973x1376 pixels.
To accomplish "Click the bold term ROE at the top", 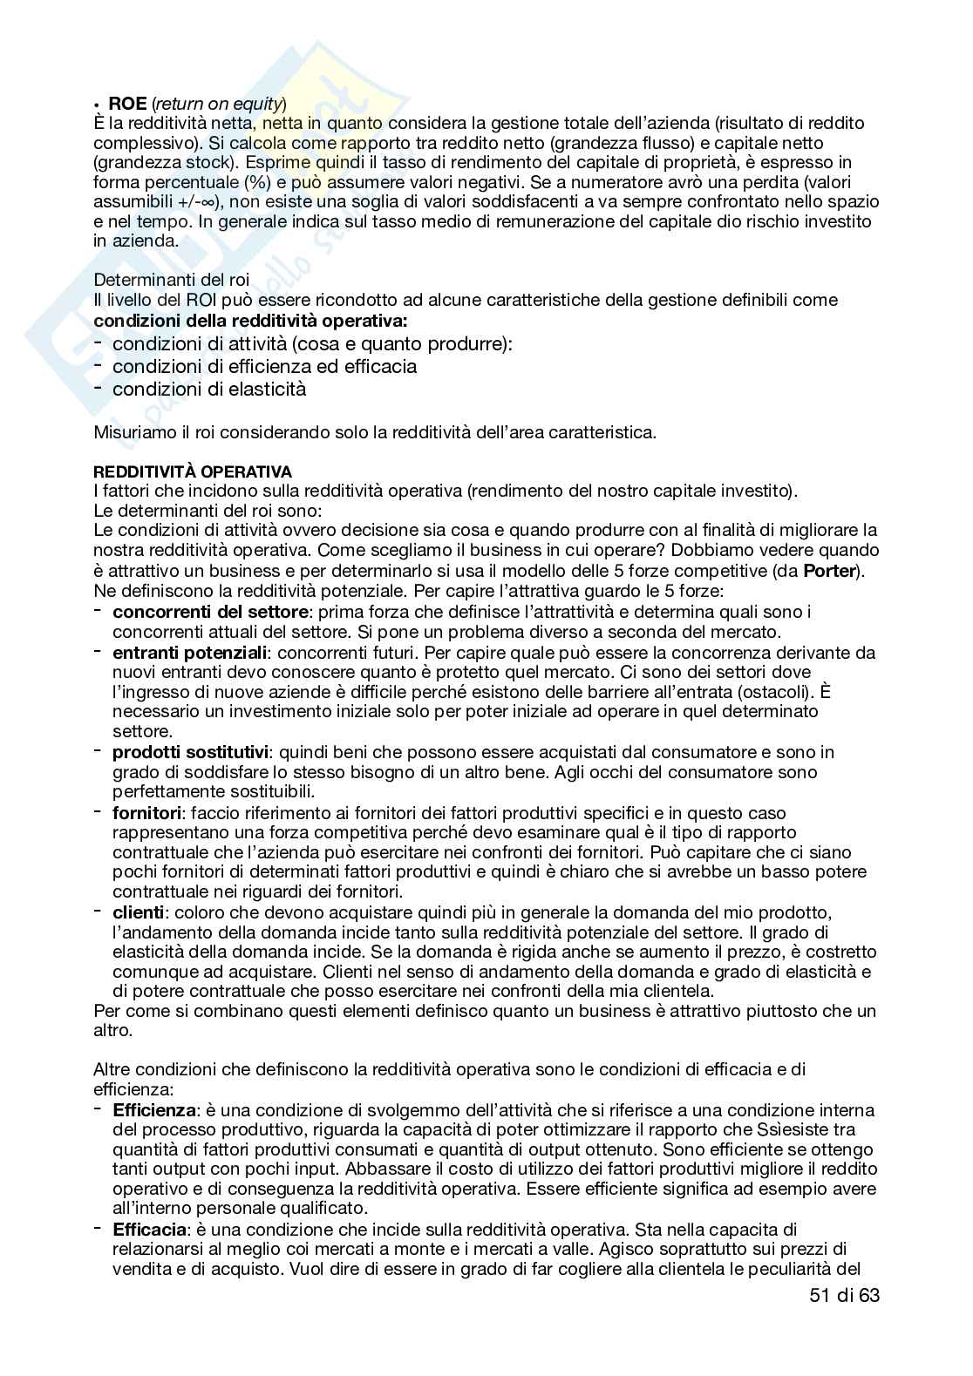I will (x=127, y=105).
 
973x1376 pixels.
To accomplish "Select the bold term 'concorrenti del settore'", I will (x=210, y=612).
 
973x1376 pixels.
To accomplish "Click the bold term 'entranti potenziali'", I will (x=190, y=652).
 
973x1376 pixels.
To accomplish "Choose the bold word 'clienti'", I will (x=138, y=912).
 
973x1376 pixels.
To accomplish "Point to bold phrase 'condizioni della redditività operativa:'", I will (x=251, y=320).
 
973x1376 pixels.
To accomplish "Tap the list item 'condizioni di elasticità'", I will (x=209, y=389).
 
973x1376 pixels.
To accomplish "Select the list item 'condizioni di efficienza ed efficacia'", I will (x=264, y=366).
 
